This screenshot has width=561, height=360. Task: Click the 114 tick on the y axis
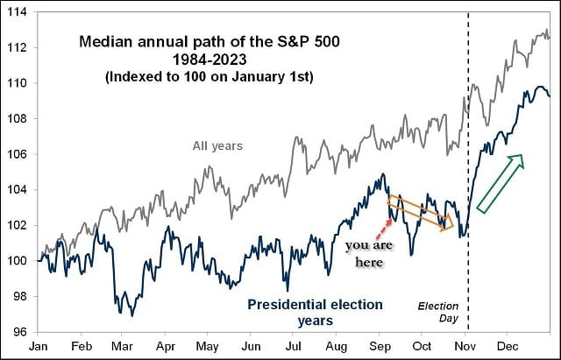click(x=17, y=12)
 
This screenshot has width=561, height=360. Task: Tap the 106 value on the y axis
click(x=17, y=154)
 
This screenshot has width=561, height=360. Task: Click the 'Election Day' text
click(x=438, y=314)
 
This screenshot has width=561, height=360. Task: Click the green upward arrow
click(x=500, y=183)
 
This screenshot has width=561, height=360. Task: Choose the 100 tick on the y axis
click(x=17, y=260)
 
